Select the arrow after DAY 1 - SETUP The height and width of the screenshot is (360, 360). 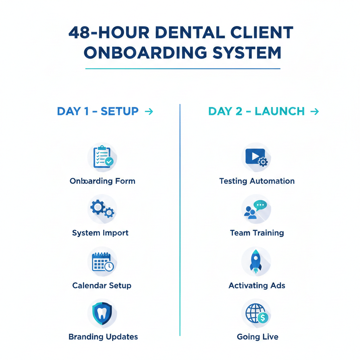(x=149, y=112)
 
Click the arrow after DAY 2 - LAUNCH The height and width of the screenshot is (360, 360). (x=315, y=112)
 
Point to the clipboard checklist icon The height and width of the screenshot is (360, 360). (x=102, y=157)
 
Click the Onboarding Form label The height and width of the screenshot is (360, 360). (x=102, y=181)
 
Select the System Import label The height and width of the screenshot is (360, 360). (x=100, y=233)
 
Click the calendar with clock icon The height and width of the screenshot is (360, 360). (x=102, y=262)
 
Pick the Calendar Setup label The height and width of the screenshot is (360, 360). (x=102, y=285)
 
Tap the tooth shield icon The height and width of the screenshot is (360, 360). (x=102, y=313)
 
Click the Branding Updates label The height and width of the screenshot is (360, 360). (x=103, y=337)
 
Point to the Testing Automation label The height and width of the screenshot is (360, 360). (x=257, y=181)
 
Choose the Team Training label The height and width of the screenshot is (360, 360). (x=257, y=233)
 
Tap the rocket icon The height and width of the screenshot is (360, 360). (x=256, y=262)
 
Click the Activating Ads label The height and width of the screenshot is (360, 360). (x=257, y=285)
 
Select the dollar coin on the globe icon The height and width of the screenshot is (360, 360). (x=263, y=318)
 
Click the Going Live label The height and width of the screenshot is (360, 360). (x=257, y=337)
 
